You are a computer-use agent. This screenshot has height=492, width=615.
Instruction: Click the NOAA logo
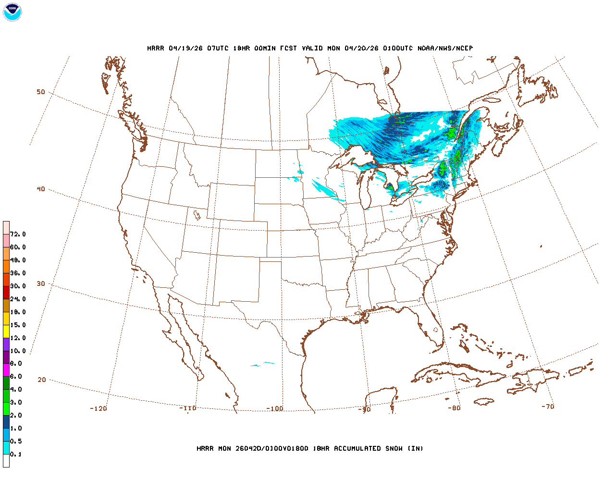coord(12,12)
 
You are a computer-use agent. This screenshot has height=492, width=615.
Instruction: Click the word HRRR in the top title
coord(155,48)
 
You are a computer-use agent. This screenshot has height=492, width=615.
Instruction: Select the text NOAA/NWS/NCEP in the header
coord(445,48)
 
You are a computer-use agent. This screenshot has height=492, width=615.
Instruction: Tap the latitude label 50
coord(41,92)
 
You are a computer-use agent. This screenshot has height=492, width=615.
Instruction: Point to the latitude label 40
coord(41,189)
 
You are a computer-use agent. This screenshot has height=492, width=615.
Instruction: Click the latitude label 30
coord(41,283)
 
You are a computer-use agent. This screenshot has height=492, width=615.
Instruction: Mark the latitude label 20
coord(42,380)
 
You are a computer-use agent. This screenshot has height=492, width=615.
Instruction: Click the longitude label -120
coord(98,408)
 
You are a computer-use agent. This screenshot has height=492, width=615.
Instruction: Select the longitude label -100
coord(275,409)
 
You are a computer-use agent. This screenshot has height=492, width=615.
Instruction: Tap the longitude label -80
coord(454,408)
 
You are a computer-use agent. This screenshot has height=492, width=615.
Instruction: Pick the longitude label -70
coord(548,406)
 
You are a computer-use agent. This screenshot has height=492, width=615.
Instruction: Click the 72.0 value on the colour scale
coord(18,234)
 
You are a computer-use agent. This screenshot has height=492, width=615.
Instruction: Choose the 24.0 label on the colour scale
coord(18,299)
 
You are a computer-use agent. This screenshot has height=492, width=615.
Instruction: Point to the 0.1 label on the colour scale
coord(16,454)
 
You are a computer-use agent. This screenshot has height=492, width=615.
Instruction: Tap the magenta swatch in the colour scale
coord(6,370)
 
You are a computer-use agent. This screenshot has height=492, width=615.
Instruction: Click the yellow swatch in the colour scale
coord(6,331)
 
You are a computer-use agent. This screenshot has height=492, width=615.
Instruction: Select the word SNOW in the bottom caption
coord(394,448)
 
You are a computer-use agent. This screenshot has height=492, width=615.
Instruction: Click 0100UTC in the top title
coord(398,48)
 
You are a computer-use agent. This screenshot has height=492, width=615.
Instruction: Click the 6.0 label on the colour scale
coord(16,376)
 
